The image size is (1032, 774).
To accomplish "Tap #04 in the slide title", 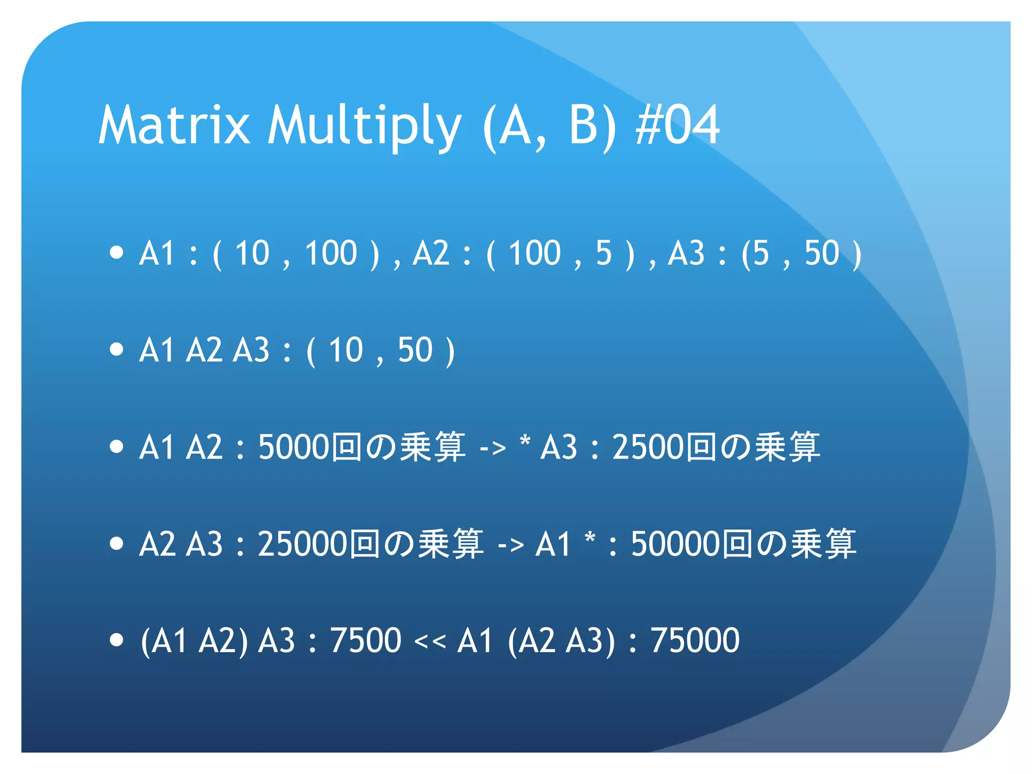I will tap(678, 125).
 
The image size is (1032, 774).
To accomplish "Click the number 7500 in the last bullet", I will tap(365, 640).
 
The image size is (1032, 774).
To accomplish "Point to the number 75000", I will tap(695, 640).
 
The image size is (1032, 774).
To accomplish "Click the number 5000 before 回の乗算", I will tap(294, 447).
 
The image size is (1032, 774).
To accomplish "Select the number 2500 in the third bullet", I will tap(648, 447).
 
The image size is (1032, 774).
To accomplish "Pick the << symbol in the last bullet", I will tap(429, 641).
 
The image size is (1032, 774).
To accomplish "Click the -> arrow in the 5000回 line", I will tap(493, 448).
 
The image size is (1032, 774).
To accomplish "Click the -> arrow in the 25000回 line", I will tap(510, 545).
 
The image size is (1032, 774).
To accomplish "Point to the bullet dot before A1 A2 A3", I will tap(116, 349).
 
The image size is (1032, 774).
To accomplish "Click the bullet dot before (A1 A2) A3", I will tap(116, 640).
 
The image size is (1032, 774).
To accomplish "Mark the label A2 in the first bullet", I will tap(431, 253).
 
